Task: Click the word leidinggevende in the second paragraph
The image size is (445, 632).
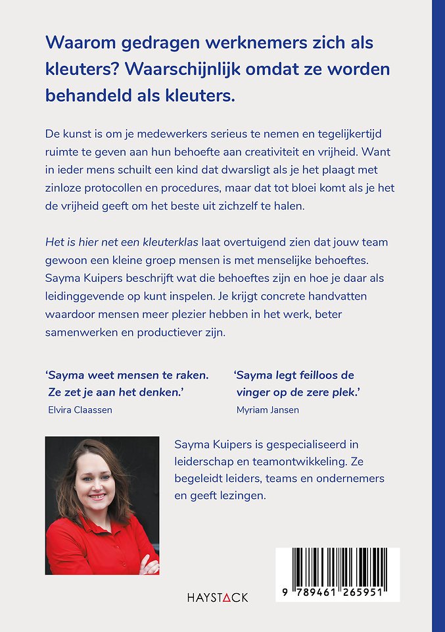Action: point(85,296)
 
